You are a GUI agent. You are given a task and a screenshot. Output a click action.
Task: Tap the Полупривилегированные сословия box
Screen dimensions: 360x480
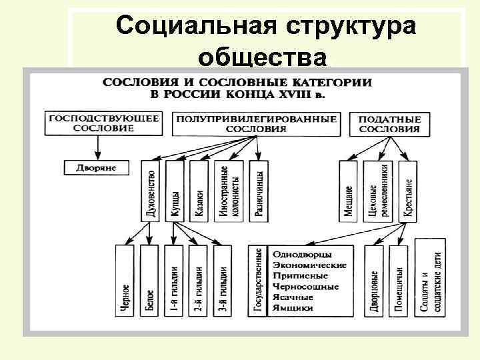(255, 123)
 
